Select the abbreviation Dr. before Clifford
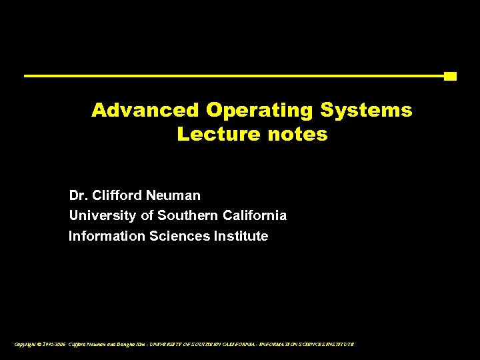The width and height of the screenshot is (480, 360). pos(78,196)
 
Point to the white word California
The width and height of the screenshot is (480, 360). pos(255,216)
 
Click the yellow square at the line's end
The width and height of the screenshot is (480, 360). pos(450,76)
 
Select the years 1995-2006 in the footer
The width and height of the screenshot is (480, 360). pos(54,344)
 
